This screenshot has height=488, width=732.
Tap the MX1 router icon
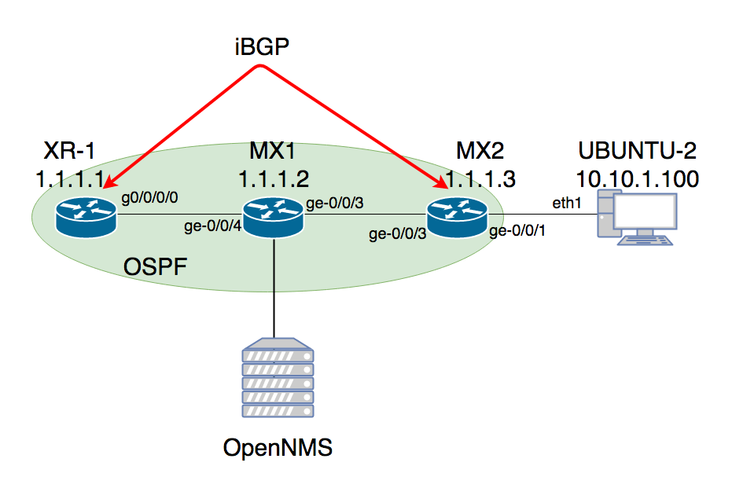273,215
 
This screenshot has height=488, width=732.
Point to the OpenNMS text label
278,448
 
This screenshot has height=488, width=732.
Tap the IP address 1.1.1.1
69,178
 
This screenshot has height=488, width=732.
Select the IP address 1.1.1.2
273,178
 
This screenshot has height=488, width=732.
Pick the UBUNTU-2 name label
637,151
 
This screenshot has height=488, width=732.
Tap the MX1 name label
273,151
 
